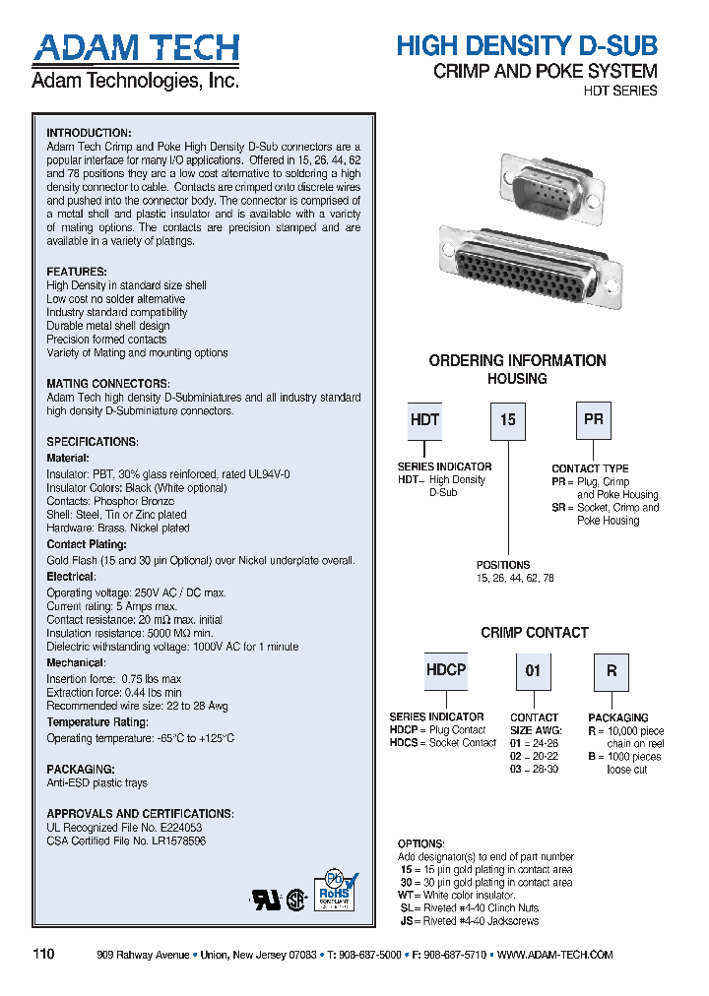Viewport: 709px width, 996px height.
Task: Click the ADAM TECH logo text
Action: [135, 48]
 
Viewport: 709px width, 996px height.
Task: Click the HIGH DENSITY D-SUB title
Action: [526, 45]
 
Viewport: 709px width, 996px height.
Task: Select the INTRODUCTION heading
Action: [89, 133]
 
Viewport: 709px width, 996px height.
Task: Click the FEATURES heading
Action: [77, 272]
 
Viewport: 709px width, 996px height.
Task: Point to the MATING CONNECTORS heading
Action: [108, 384]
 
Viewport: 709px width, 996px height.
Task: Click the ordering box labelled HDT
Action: [424, 420]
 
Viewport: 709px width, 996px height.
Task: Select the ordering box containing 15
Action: [507, 420]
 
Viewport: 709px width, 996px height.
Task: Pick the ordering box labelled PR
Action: [593, 420]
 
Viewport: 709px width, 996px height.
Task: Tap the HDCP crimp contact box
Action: [445, 670]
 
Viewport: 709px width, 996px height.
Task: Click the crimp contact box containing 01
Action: [533, 671]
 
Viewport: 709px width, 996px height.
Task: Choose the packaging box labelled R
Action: [611, 671]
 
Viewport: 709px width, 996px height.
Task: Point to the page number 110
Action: [44, 955]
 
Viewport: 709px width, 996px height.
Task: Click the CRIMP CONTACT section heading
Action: [535, 633]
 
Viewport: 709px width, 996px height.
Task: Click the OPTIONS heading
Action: [421, 844]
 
